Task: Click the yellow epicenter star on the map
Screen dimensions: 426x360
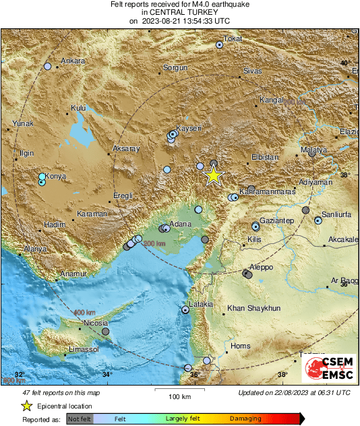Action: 213,175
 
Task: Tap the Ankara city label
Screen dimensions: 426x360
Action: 73,61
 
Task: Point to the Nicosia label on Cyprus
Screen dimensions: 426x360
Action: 95,324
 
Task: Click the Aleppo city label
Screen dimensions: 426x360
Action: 261,267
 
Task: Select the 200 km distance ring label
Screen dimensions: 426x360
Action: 154,243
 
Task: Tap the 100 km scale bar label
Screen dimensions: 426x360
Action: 180,396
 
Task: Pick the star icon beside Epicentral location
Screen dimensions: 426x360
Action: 26,406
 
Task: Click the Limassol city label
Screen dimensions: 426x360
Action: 84,350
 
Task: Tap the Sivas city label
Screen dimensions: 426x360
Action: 251,70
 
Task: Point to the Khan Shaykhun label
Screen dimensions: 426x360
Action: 253,308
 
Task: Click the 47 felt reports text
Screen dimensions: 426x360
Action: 61,392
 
